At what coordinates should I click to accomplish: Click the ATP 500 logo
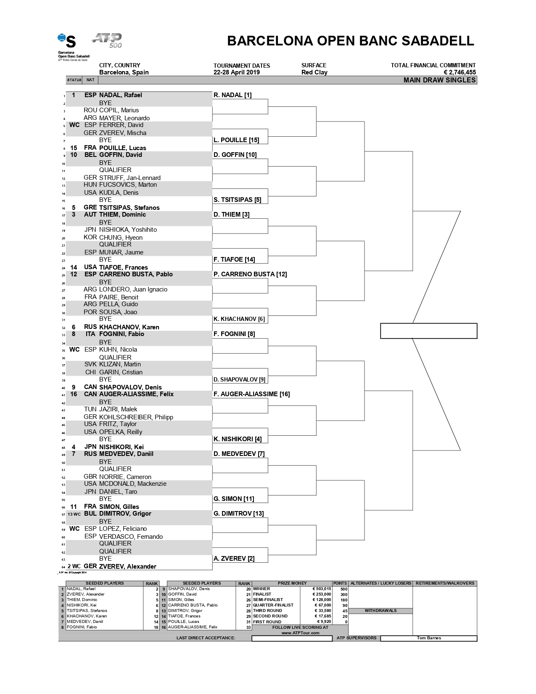tap(107, 40)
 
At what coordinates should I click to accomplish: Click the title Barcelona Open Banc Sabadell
tap(350, 41)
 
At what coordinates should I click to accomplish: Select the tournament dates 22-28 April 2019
tap(236, 72)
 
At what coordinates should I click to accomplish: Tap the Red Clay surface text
tap(314, 72)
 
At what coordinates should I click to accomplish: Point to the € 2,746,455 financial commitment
tap(459, 72)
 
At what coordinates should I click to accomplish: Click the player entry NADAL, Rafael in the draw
tap(120, 95)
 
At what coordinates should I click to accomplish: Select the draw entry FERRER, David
tap(121, 125)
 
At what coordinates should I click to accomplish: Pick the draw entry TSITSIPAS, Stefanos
tap(129, 208)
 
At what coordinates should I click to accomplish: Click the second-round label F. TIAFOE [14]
tap(234, 260)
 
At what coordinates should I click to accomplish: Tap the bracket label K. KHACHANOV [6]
tap(239, 319)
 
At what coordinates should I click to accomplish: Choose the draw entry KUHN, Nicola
tap(118, 350)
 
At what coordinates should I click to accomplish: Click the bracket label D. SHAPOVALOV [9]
tap(239, 379)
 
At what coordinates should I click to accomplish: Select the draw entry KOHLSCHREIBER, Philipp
tap(136, 417)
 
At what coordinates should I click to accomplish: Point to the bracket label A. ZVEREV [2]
tap(234, 559)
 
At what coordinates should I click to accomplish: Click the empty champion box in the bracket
tap(428, 331)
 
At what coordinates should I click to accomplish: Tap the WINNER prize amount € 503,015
tap(322, 589)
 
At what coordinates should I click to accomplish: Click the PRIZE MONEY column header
tap(292, 583)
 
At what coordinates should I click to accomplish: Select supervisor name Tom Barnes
tap(429, 638)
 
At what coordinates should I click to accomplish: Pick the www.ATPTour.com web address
tap(300, 633)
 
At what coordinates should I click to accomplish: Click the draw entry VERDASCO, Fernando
tap(131, 537)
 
